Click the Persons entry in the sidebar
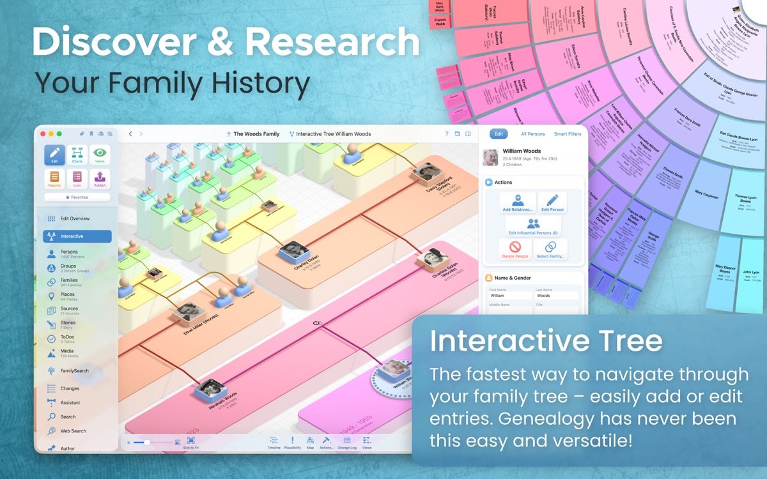[x=69, y=254]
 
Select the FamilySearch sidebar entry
[x=74, y=370]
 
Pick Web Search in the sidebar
[x=73, y=431]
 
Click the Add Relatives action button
[x=518, y=203]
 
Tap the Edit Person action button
[x=552, y=203]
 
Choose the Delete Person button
[x=515, y=249]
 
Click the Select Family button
[x=551, y=249]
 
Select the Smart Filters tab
[x=568, y=134]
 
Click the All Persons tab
[x=533, y=134]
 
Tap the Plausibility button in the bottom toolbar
[x=292, y=443]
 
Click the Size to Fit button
[x=190, y=443]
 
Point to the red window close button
[x=43, y=133]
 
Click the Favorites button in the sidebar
[x=77, y=197]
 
